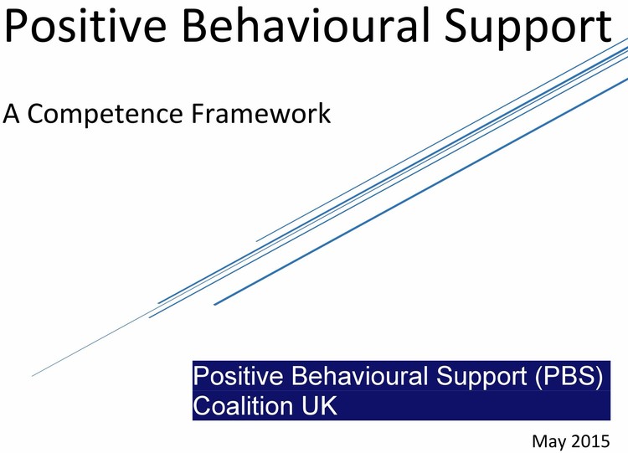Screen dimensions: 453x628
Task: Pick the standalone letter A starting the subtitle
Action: (13, 112)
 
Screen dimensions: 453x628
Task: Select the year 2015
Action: (600, 440)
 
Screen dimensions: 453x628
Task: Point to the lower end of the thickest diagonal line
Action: (215, 305)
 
